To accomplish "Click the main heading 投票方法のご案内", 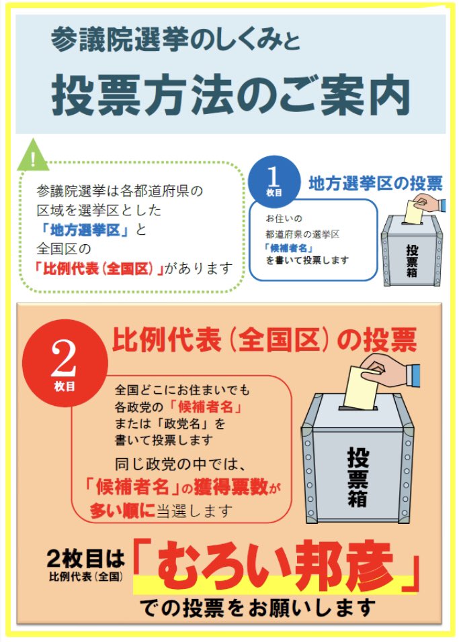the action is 231,95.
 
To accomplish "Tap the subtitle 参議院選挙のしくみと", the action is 175,40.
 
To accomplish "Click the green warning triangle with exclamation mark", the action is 33,156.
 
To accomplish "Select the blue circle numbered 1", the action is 274,180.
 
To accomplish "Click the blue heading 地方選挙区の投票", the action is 375,183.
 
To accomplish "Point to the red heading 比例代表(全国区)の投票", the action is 264,340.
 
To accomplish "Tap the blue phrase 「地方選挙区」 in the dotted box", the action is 85,229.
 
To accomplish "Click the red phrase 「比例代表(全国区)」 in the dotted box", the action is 99,268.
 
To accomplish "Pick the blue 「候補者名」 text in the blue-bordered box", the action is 288,248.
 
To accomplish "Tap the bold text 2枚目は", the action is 85,558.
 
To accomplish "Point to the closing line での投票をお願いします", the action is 257,608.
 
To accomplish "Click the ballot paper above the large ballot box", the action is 362,388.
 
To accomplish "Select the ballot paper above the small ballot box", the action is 414,212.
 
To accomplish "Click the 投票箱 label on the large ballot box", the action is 358,476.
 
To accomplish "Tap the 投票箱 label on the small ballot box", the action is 412,262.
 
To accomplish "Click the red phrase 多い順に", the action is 122,510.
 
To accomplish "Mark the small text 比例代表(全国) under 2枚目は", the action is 86,576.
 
